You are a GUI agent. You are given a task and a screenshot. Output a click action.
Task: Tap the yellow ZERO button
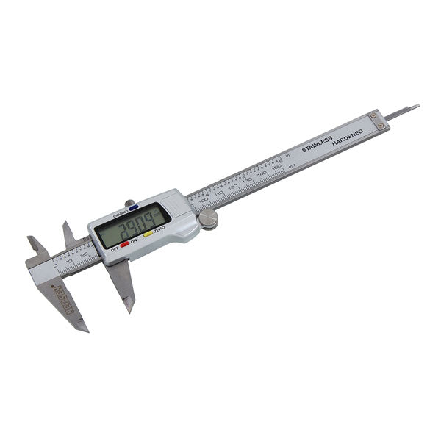[x=148, y=234]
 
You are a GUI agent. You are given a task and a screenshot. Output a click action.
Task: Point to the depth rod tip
[x=417, y=107]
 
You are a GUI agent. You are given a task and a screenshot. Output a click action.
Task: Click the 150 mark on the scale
[x=276, y=168]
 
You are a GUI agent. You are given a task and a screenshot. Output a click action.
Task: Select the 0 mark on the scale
[x=55, y=264]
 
